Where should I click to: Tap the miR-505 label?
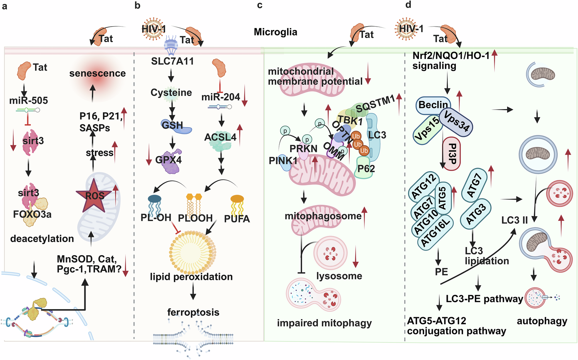coord(29,101)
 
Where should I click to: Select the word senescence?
coord(97,73)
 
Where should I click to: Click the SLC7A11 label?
coord(172,61)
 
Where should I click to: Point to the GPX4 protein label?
coord(168,160)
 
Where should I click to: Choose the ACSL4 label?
coord(220,137)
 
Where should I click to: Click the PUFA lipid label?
coord(237,219)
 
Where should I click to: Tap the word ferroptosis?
coord(193,312)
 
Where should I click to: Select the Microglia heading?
coord(276,32)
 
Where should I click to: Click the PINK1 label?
coord(283,160)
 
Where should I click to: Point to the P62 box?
coord(366,169)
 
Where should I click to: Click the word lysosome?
coord(339,276)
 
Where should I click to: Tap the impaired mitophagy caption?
coord(324,323)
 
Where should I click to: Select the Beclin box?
coord(433,105)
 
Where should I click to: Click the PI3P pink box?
coord(452,153)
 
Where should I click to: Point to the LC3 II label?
coord(514,220)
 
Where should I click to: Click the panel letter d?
coord(408,5)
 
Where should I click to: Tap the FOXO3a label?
coord(32,214)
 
